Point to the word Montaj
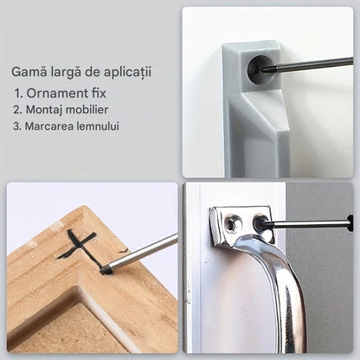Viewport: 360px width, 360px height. [x=44, y=110]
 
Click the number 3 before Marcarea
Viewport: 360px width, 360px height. [x=16, y=126]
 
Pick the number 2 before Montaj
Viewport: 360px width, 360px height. [x=17, y=110]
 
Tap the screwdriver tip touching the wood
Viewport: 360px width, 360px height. [x=106, y=270]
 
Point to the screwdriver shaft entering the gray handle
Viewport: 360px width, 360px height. [x=308, y=64]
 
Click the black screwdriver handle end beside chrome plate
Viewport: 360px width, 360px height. [x=350, y=223]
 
